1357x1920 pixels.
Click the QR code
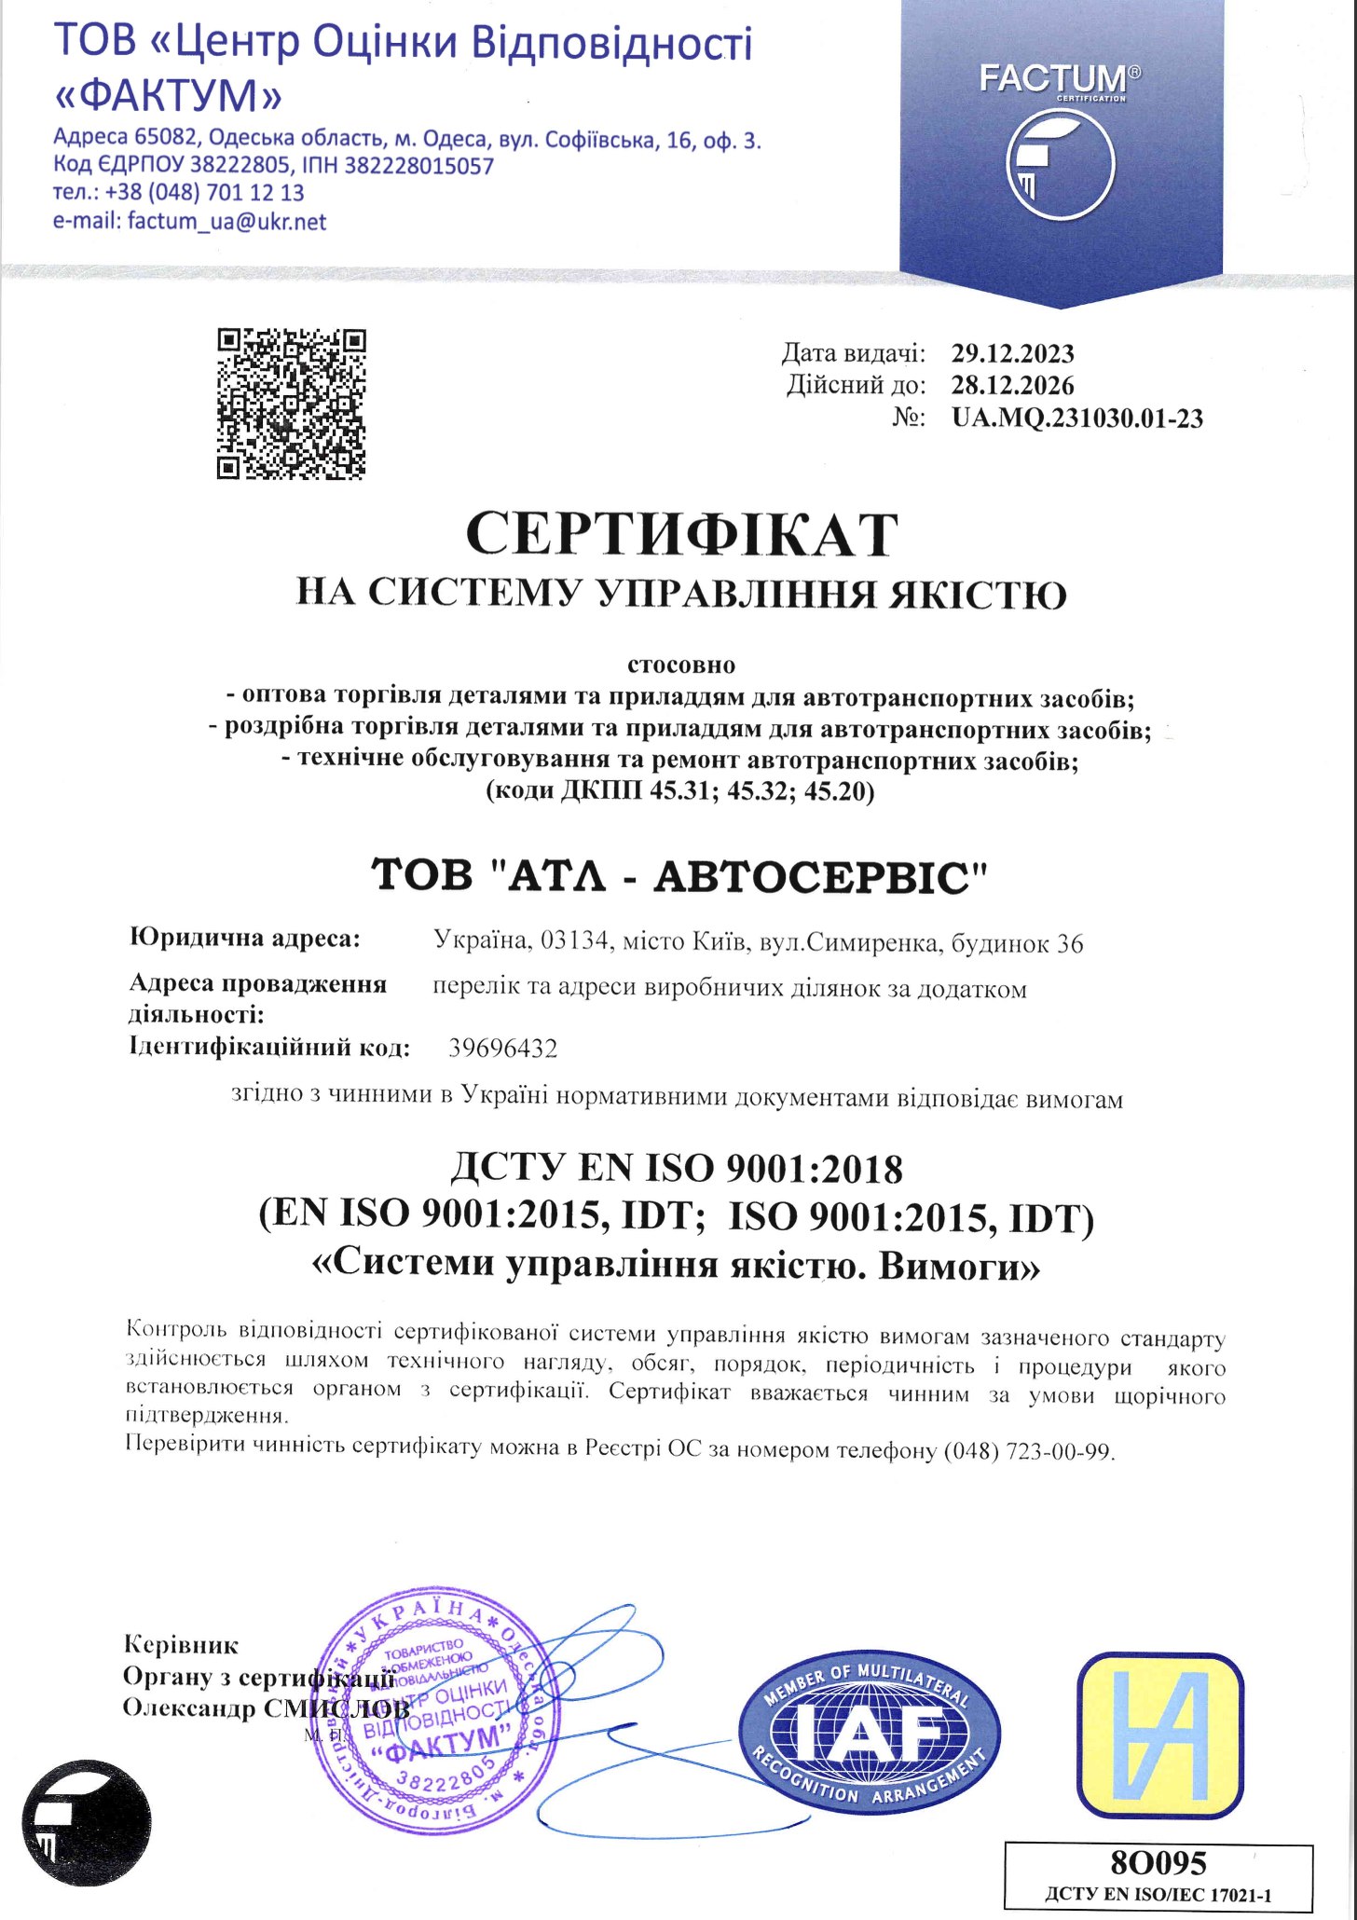tap(291, 404)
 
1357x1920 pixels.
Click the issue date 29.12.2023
tap(1012, 354)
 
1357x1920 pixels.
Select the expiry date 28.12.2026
tap(1012, 386)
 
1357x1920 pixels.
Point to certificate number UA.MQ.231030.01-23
tap(1076, 418)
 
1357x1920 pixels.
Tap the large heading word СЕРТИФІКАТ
tap(681, 534)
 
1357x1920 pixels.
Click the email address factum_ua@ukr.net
tap(226, 222)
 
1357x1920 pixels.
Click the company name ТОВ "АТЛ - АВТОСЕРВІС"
tap(679, 877)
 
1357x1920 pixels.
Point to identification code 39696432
tap(503, 1049)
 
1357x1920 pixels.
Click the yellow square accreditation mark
tap(1159, 1735)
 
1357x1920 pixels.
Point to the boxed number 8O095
tap(1158, 1863)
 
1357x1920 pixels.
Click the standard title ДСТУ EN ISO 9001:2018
tap(677, 1169)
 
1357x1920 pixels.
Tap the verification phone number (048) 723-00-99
tap(1029, 1451)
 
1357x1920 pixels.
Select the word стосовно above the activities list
tap(680, 665)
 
